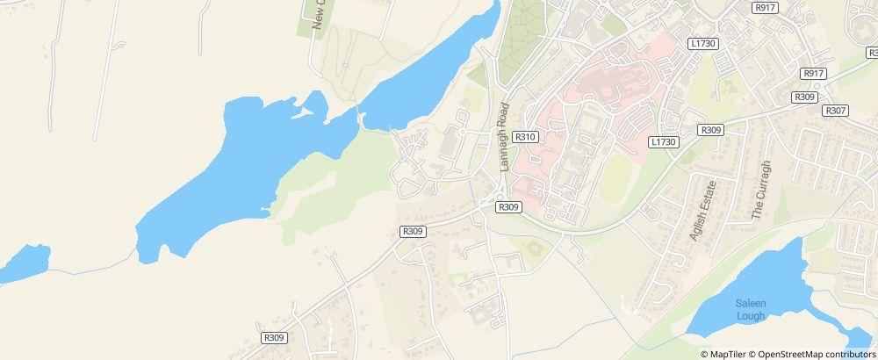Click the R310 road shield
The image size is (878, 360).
(525, 137)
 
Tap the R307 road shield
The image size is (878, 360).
(835, 111)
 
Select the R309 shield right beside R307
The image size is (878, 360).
(804, 97)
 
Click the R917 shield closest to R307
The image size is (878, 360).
(814, 74)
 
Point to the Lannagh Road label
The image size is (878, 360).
(504, 137)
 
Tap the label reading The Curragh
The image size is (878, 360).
(760, 191)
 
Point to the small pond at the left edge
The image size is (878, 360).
(25, 263)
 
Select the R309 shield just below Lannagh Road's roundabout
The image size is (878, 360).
(508, 207)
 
